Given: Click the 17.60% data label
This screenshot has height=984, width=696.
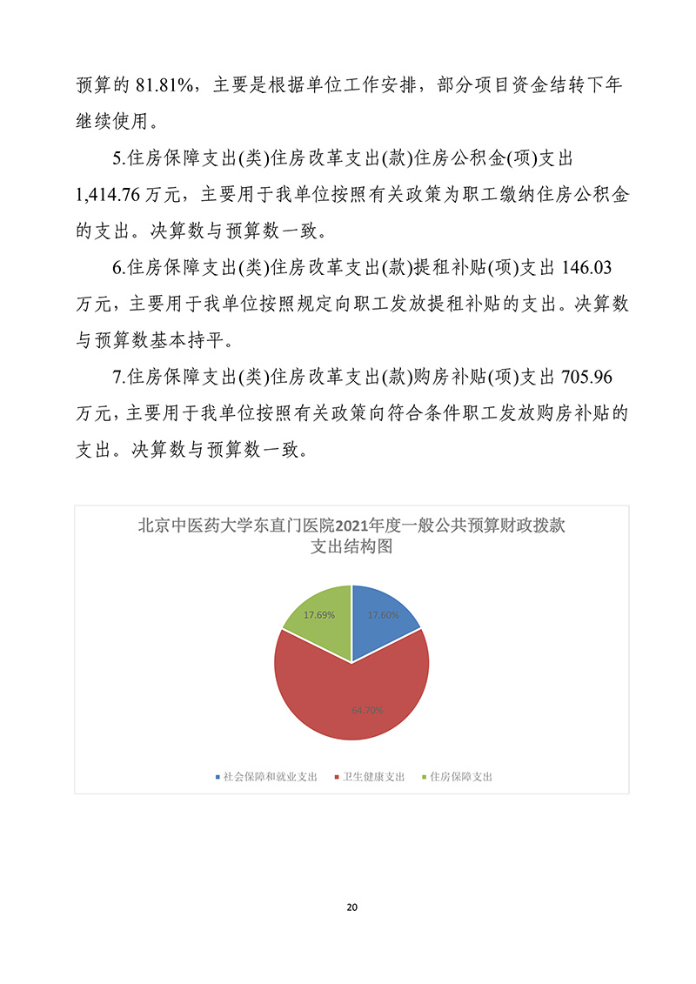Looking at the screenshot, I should pyautogui.click(x=383, y=614).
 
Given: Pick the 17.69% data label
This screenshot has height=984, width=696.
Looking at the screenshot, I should pyautogui.click(x=319, y=614).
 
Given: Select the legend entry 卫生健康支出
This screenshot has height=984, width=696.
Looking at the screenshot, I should pyautogui.click(x=374, y=776).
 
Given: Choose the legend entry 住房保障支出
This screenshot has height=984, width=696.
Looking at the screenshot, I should pyautogui.click(x=461, y=776).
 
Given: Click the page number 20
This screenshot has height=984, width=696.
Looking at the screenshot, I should pyautogui.click(x=351, y=907).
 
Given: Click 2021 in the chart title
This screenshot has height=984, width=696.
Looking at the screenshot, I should pyautogui.click(x=358, y=525).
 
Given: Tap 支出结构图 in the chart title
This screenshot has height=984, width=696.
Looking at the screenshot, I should pyautogui.click(x=351, y=546).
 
